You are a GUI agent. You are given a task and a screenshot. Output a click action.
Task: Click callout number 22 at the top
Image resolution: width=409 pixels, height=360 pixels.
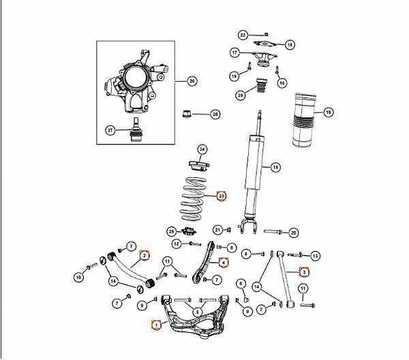[243, 34]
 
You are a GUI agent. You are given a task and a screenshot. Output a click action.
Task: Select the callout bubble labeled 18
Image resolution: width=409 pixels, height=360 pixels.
[289, 44]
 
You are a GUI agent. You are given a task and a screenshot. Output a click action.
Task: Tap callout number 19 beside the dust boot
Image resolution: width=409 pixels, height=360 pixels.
[328, 112]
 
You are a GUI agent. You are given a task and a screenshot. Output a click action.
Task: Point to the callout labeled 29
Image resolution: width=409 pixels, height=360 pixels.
[239, 96]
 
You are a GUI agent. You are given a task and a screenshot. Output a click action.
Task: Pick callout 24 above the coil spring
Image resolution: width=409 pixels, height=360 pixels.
[202, 149]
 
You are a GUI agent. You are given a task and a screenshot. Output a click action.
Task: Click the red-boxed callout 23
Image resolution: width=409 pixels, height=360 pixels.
[221, 196]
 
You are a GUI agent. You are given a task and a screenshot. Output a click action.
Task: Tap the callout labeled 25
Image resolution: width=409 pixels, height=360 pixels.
[171, 231]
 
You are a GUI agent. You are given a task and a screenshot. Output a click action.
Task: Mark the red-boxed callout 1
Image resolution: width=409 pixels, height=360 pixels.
[156, 326]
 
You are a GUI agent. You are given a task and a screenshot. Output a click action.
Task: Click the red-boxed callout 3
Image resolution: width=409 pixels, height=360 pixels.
[305, 271]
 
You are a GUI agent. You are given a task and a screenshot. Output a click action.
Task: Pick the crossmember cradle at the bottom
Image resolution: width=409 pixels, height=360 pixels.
[194, 320]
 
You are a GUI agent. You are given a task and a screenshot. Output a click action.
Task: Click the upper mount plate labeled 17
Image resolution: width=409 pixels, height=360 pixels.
[262, 57]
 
